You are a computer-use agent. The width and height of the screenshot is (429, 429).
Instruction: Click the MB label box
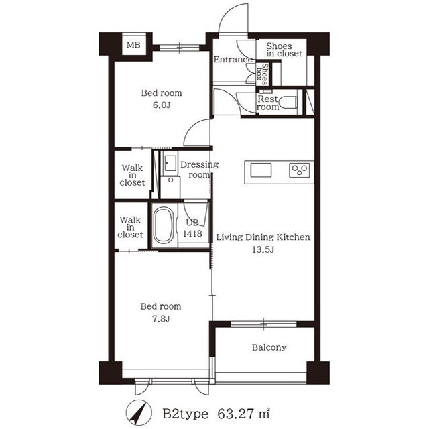pyautogui.click(x=133, y=45)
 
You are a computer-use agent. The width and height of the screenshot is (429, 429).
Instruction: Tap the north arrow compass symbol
pyautogui.click(x=139, y=413)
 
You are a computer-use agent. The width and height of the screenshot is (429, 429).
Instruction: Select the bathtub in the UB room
pyautogui.click(x=164, y=225)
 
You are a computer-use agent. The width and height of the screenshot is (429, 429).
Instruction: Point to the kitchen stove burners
pyautogui.click(x=300, y=170)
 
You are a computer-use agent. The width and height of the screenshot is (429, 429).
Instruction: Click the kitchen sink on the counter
pyautogui.click(x=261, y=170)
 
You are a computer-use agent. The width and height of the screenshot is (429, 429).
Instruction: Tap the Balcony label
pyautogui.click(x=269, y=347)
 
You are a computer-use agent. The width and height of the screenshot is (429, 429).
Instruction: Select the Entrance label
pyautogui.click(x=233, y=60)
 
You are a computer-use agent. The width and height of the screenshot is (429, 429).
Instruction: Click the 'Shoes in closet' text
pyautogui.click(x=284, y=50)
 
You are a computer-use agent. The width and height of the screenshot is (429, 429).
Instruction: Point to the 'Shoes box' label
pyautogui.click(x=262, y=73)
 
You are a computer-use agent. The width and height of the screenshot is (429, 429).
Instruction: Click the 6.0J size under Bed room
pyautogui.click(x=162, y=105)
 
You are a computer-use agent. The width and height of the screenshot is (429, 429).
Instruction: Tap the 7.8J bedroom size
pyautogui.click(x=161, y=318)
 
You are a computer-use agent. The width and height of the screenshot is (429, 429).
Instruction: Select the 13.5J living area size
pyautogui.click(x=263, y=249)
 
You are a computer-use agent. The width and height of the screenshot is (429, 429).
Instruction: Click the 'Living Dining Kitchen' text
pyautogui.click(x=263, y=237)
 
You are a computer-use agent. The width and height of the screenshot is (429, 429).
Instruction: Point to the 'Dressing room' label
pyautogui.click(x=199, y=170)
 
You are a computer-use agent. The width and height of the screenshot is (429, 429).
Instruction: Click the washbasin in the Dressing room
pyautogui.click(x=170, y=164)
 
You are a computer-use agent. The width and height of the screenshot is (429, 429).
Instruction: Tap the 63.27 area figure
pyautogui.click(x=235, y=414)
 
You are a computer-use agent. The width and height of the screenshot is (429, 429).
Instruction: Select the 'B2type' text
pyautogui.click(x=185, y=414)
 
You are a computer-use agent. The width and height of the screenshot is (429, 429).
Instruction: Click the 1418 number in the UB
pyautogui.click(x=192, y=233)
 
